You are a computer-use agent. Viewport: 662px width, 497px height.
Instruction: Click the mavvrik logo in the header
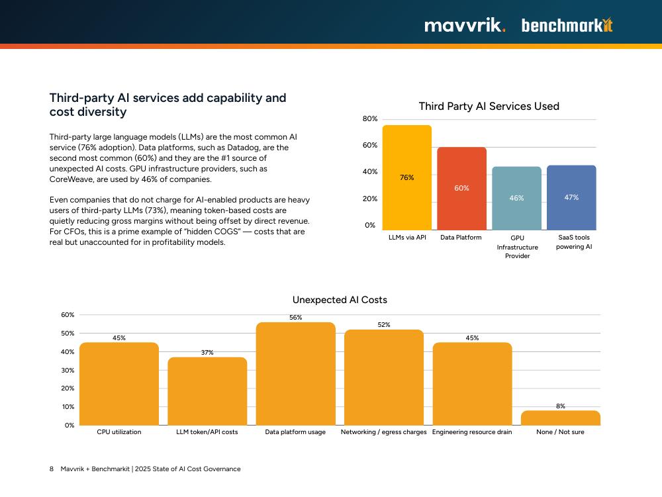point(465,26)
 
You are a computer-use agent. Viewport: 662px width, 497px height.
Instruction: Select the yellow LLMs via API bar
point(406,177)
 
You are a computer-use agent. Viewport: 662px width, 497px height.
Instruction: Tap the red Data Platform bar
point(461,189)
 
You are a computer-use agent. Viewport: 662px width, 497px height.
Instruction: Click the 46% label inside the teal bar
point(516,198)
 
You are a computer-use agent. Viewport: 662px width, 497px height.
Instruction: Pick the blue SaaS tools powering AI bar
point(571,197)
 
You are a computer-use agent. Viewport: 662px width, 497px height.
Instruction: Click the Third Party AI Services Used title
point(489,107)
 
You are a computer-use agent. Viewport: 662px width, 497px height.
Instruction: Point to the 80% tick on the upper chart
point(370,119)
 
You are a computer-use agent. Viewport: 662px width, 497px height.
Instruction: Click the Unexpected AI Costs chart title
point(340,300)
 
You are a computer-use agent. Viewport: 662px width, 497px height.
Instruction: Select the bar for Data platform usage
point(295,374)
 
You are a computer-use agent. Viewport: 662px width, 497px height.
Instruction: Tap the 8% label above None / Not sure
point(560,406)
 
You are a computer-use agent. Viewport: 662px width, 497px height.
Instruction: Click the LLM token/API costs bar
point(207,391)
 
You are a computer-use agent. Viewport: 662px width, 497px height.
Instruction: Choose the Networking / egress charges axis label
point(383,432)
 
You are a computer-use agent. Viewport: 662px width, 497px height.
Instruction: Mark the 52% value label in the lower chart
point(384,325)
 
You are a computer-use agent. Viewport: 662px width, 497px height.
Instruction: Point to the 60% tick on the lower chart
point(68,315)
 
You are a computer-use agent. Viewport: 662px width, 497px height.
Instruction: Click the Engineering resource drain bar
point(472,384)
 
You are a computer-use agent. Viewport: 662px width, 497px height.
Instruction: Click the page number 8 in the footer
point(52,469)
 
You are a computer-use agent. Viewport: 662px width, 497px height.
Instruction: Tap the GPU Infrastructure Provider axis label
point(517,247)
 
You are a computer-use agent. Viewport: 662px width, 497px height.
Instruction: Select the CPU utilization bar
point(119,384)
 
